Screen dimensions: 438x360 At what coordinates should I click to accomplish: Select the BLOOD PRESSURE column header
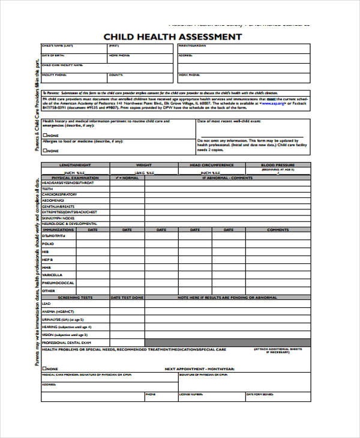coord(278,164)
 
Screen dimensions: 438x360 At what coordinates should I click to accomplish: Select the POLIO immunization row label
coord(49,244)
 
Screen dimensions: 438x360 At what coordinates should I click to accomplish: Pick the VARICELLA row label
coord(53,274)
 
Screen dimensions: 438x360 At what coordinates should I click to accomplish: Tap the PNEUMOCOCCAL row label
coord(58,282)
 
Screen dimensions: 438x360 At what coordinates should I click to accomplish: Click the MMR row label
coord(47,266)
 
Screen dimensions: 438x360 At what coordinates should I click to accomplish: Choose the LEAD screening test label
coord(46,304)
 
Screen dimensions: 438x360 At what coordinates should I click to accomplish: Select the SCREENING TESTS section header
coord(75,297)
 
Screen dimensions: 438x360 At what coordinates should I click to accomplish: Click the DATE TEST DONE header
coord(127,297)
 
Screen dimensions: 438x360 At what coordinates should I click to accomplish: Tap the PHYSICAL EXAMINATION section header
coord(75,178)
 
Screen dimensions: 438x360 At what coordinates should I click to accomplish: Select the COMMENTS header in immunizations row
coord(278,229)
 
